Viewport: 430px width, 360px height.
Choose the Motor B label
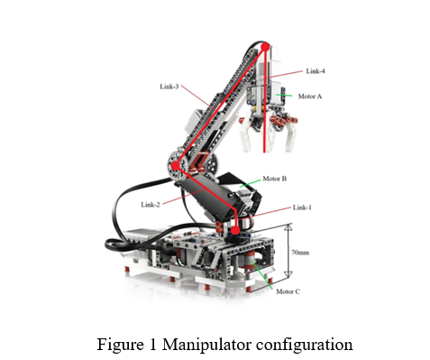(274, 179)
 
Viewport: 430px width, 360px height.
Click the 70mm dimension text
(298, 253)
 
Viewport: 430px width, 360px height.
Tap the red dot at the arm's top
(265, 47)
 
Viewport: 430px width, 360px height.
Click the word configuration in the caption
(304, 344)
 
